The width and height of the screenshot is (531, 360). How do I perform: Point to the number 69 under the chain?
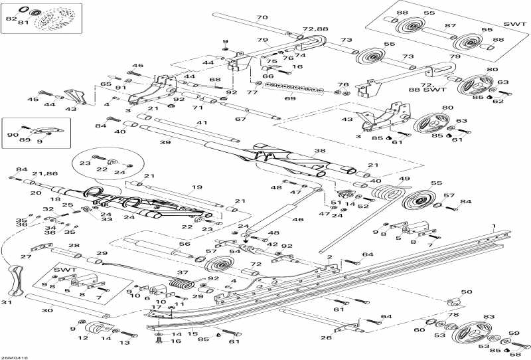(x=289, y=98)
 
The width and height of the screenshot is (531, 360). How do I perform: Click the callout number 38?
(x=319, y=151)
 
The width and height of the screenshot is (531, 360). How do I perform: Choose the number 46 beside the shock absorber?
(x=298, y=219)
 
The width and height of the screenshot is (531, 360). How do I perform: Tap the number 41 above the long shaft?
(x=202, y=123)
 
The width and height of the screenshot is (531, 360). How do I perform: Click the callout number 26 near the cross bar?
(x=327, y=337)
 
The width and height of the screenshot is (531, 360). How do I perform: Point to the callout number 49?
(x=404, y=179)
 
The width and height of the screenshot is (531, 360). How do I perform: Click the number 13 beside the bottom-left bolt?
(x=124, y=343)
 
